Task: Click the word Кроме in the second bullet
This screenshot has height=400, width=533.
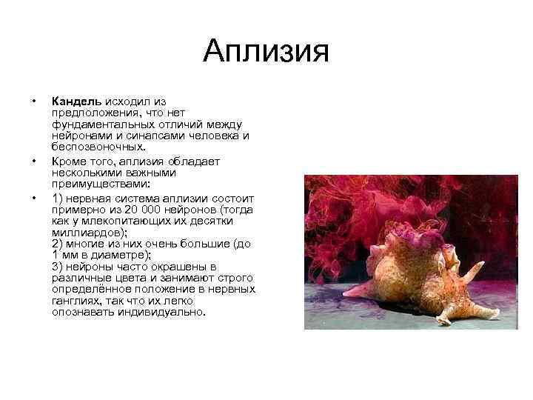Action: [69, 160]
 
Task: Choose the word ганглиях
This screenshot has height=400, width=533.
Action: [76, 301]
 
